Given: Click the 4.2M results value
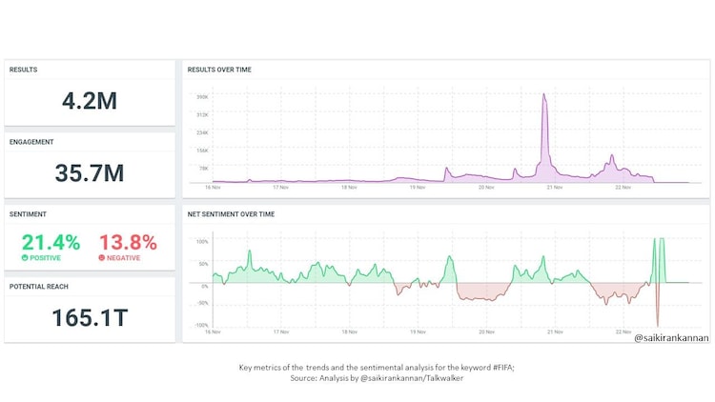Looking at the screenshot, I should point(89,100).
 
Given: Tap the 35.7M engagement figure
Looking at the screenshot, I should point(89,172).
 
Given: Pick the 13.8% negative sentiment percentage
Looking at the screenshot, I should point(128,243).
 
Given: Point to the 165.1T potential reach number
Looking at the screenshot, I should point(89,317).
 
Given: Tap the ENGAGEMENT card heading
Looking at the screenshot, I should point(32,142).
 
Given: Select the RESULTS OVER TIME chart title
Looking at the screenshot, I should point(220,70).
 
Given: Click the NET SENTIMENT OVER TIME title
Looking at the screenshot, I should point(231,214).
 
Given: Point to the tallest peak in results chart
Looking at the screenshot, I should point(544,94).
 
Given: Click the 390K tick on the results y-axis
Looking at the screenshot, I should point(202,96).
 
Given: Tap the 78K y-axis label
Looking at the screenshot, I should point(203,167).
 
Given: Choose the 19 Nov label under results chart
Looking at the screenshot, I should point(418,188).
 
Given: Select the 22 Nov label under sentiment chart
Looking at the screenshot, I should point(623,332).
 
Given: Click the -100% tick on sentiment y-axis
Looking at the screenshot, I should point(201,325).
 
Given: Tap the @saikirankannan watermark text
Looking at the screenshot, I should point(671,337).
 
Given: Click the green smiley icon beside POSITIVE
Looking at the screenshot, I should point(25,258).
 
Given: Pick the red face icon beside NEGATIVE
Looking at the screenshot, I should point(102,258).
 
